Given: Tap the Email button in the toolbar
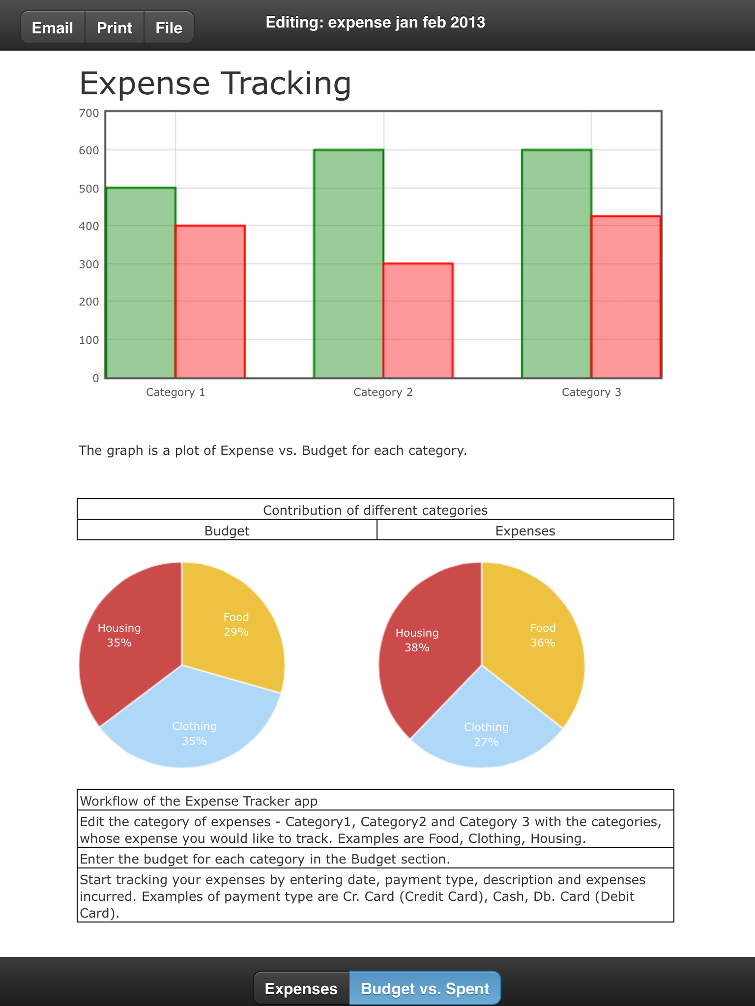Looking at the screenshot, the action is coord(53,28).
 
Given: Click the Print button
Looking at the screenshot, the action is coord(115,28).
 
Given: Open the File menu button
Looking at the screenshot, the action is coord(169,28).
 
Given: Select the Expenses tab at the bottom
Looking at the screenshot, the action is coord(301,988).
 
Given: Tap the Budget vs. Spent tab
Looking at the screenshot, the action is coord(425,988).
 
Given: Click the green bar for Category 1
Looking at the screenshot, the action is coord(141,283).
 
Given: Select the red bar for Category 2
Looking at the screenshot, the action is coord(418,321).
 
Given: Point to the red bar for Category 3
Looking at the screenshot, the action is coord(626,297).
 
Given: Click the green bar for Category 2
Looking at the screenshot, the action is coord(348,264).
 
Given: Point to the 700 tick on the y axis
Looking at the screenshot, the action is coord(89,113).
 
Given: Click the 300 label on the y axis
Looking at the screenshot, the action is coord(89,264).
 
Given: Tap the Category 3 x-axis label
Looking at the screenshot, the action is coord(591,392).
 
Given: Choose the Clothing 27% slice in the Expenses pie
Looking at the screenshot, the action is coord(486,732).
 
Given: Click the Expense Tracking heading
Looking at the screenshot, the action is coord(215,83).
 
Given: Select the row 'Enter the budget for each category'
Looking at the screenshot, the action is coord(376,859).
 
